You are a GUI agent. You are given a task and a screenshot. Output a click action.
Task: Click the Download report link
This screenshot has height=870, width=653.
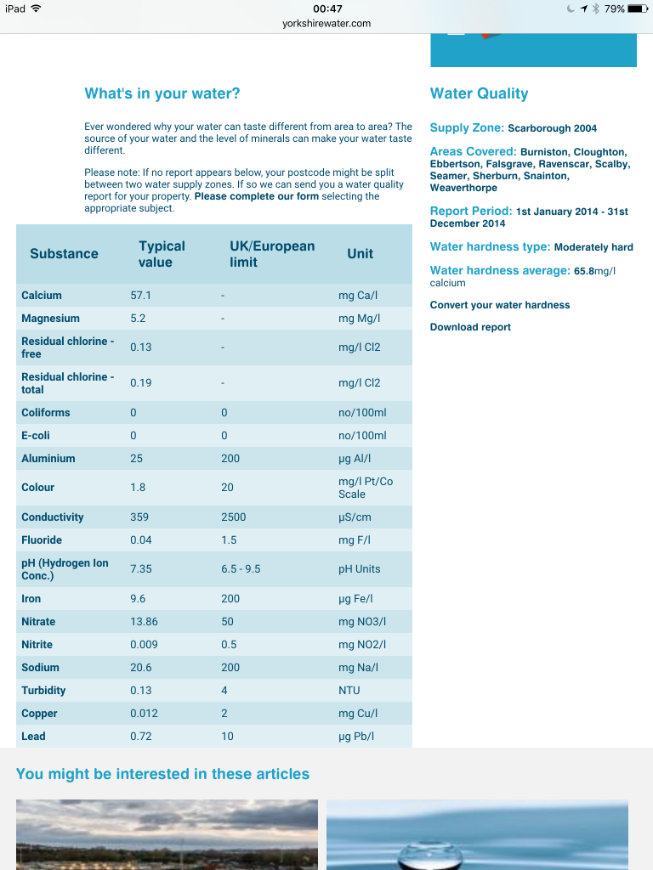coord(470,327)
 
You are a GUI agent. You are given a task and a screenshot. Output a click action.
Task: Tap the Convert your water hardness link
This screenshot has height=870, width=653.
coord(500,305)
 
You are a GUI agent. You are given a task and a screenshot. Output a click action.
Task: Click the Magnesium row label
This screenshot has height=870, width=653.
coord(50,319)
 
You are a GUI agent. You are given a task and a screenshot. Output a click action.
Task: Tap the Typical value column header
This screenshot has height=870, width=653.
coord(162,254)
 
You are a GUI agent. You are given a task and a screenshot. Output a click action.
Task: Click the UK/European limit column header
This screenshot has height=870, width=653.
coord(272,254)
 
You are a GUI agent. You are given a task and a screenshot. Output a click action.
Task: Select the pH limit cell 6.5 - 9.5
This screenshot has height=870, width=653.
coord(241,569)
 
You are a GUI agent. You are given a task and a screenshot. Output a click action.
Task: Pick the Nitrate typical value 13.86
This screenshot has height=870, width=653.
coord(144,622)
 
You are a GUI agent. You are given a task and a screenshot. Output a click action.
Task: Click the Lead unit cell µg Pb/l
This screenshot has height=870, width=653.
coord(356,737)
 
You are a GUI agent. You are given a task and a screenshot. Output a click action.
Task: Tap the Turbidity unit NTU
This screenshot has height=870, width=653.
coord(349,691)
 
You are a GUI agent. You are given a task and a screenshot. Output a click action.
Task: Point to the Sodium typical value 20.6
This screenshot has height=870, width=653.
coord(141,668)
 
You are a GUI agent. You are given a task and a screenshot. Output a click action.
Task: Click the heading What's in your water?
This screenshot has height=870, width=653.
coord(162,93)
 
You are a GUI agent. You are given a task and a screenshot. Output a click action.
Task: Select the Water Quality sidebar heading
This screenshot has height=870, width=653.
coord(479,93)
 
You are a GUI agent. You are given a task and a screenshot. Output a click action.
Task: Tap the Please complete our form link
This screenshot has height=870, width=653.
coord(257,196)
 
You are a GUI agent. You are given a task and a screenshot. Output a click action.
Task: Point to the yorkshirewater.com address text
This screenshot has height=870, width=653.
coord(326,24)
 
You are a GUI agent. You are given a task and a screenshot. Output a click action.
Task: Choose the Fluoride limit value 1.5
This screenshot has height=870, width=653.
coord(229,540)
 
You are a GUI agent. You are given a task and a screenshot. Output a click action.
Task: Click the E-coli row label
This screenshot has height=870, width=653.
coord(36,436)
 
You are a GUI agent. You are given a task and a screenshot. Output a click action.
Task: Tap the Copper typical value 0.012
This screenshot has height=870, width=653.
coord(144,714)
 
